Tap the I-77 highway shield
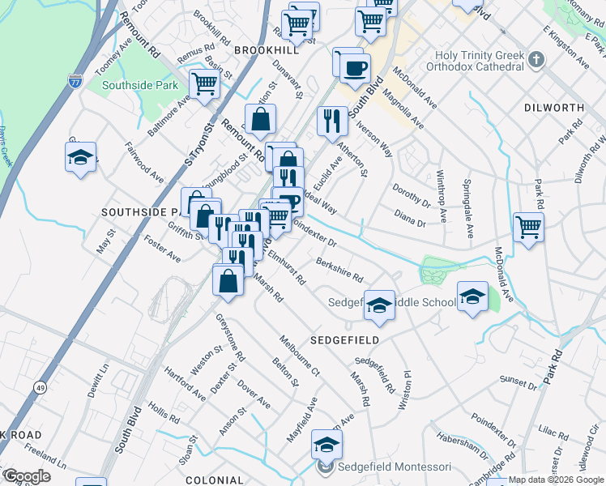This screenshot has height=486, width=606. pos(75,81)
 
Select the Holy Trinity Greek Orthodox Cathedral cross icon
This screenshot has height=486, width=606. pos(536,59)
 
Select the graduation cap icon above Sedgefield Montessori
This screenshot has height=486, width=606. pos(326,445)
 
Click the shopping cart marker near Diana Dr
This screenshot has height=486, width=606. pos(528,227)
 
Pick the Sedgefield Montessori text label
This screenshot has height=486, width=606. pos(395,467)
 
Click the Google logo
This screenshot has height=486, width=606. pos(27,475)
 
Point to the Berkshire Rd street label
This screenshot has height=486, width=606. pos(339,271)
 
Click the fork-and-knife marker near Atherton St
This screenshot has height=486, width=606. pos(332,122)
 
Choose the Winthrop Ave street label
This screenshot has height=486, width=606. pos(442,195)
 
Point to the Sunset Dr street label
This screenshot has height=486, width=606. pos(519,378)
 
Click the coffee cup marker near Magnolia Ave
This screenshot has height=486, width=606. pos(353,68)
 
